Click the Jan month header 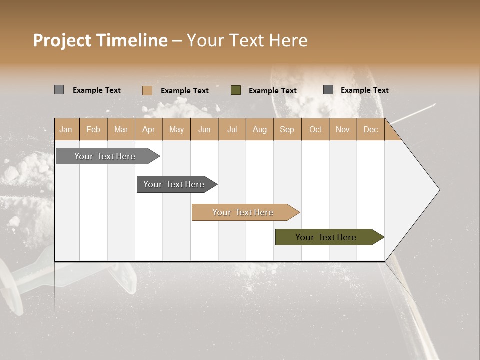click(66, 129)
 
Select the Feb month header click(93, 129)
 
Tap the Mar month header click(121, 129)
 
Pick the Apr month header click(149, 129)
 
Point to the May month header click(176, 129)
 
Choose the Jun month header click(204, 129)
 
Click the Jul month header click(232, 129)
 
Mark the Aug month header click(260, 129)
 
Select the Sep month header click(287, 129)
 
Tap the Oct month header click(315, 129)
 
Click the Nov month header click(343, 129)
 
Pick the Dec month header click(371, 129)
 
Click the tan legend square click(147, 90)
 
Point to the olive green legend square click(236, 90)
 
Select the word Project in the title click(62, 41)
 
